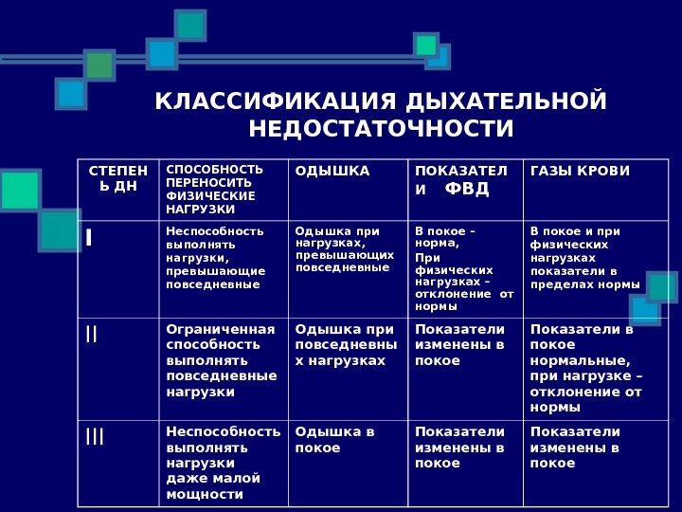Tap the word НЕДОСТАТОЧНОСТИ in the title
(x=381, y=128)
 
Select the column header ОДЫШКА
(x=332, y=171)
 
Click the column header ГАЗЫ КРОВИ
(x=580, y=171)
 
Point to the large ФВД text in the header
(x=467, y=188)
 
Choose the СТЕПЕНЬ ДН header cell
(x=118, y=178)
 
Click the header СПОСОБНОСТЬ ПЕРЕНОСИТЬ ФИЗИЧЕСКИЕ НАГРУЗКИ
(x=215, y=189)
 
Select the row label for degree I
(x=89, y=237)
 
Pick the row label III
(x=95, y=436)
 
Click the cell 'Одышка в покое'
(x=335, y=440)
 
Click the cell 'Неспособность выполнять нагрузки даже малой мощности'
(x=223, y=463)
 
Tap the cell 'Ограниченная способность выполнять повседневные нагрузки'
(x=222, y=360)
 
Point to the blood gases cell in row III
(x=575, y=448)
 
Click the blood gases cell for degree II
(x=586, y=368)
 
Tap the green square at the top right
(x=426, y=45)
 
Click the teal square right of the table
(x=662, y=287)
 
